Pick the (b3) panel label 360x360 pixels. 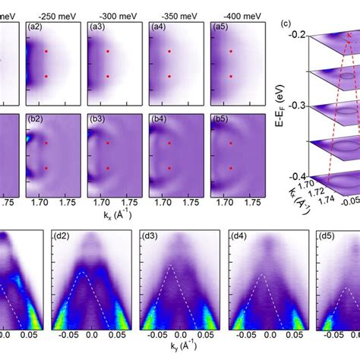[97, 119]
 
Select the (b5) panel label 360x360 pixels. [219, 119]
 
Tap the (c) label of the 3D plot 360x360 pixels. [284, 22]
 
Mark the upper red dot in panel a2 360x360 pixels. [47, 52]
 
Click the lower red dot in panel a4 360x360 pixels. [168, 77]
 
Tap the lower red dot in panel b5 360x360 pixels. [229, 168]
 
